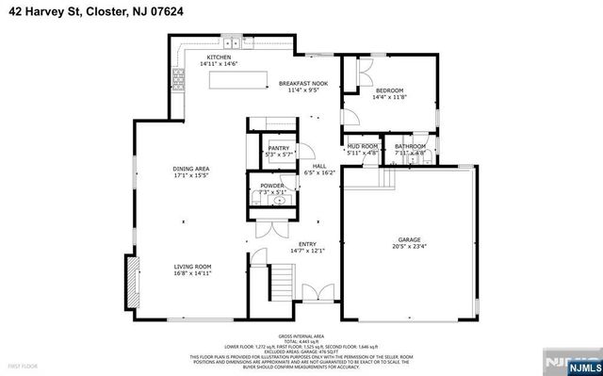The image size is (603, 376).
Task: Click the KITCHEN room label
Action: (x=220, y=57)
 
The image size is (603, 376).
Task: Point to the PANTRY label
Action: (x=278, y=148)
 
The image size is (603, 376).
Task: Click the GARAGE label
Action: (x=408, y=240)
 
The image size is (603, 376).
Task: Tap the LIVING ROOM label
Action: (x=192, y=267)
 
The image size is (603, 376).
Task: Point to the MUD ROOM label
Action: (x=363, y=147)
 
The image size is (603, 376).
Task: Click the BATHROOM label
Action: (x=410, y=147)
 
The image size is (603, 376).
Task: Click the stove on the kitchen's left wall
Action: (x=177, y=75)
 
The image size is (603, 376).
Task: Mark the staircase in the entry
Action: (x=281, y=281)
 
